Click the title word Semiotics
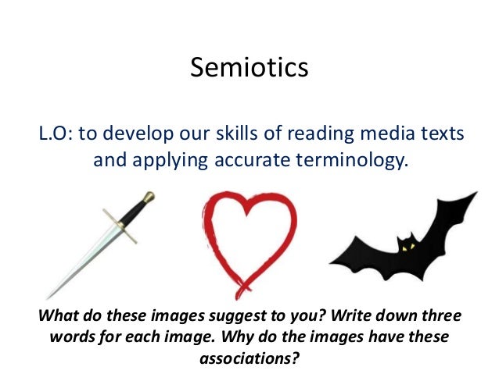[x=249, y=69]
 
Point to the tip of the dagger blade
[x=49, y=295]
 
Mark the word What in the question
[x=48, y=319]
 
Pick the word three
[x=440, y=319]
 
